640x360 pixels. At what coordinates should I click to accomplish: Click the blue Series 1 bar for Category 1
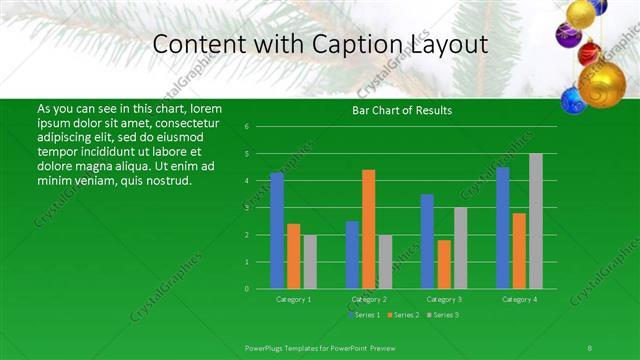[x=277, y=231]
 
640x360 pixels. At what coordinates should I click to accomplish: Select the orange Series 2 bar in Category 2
[x=369, y=229]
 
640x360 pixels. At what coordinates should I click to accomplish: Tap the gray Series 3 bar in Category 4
[x=536, y=221]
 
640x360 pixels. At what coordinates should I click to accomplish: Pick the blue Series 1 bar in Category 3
[x=427, y=241]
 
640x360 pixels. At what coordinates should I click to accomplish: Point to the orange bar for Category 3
[x=444, y=264]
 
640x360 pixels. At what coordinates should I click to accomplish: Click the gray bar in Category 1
[x=310, y=262]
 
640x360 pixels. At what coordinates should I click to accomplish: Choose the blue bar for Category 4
[x=503, y=228]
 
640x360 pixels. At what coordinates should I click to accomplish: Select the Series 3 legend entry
[x=442, y=315]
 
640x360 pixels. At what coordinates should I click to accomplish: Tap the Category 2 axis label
[x=369, y=299]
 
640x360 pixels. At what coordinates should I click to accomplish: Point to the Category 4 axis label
[x=519, y=299]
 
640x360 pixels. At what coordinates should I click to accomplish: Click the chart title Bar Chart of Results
[x=402, y=110]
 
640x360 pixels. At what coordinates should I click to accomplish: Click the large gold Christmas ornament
[x=604, y=85]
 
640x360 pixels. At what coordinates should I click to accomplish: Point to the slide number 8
[x=590, y=347]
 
